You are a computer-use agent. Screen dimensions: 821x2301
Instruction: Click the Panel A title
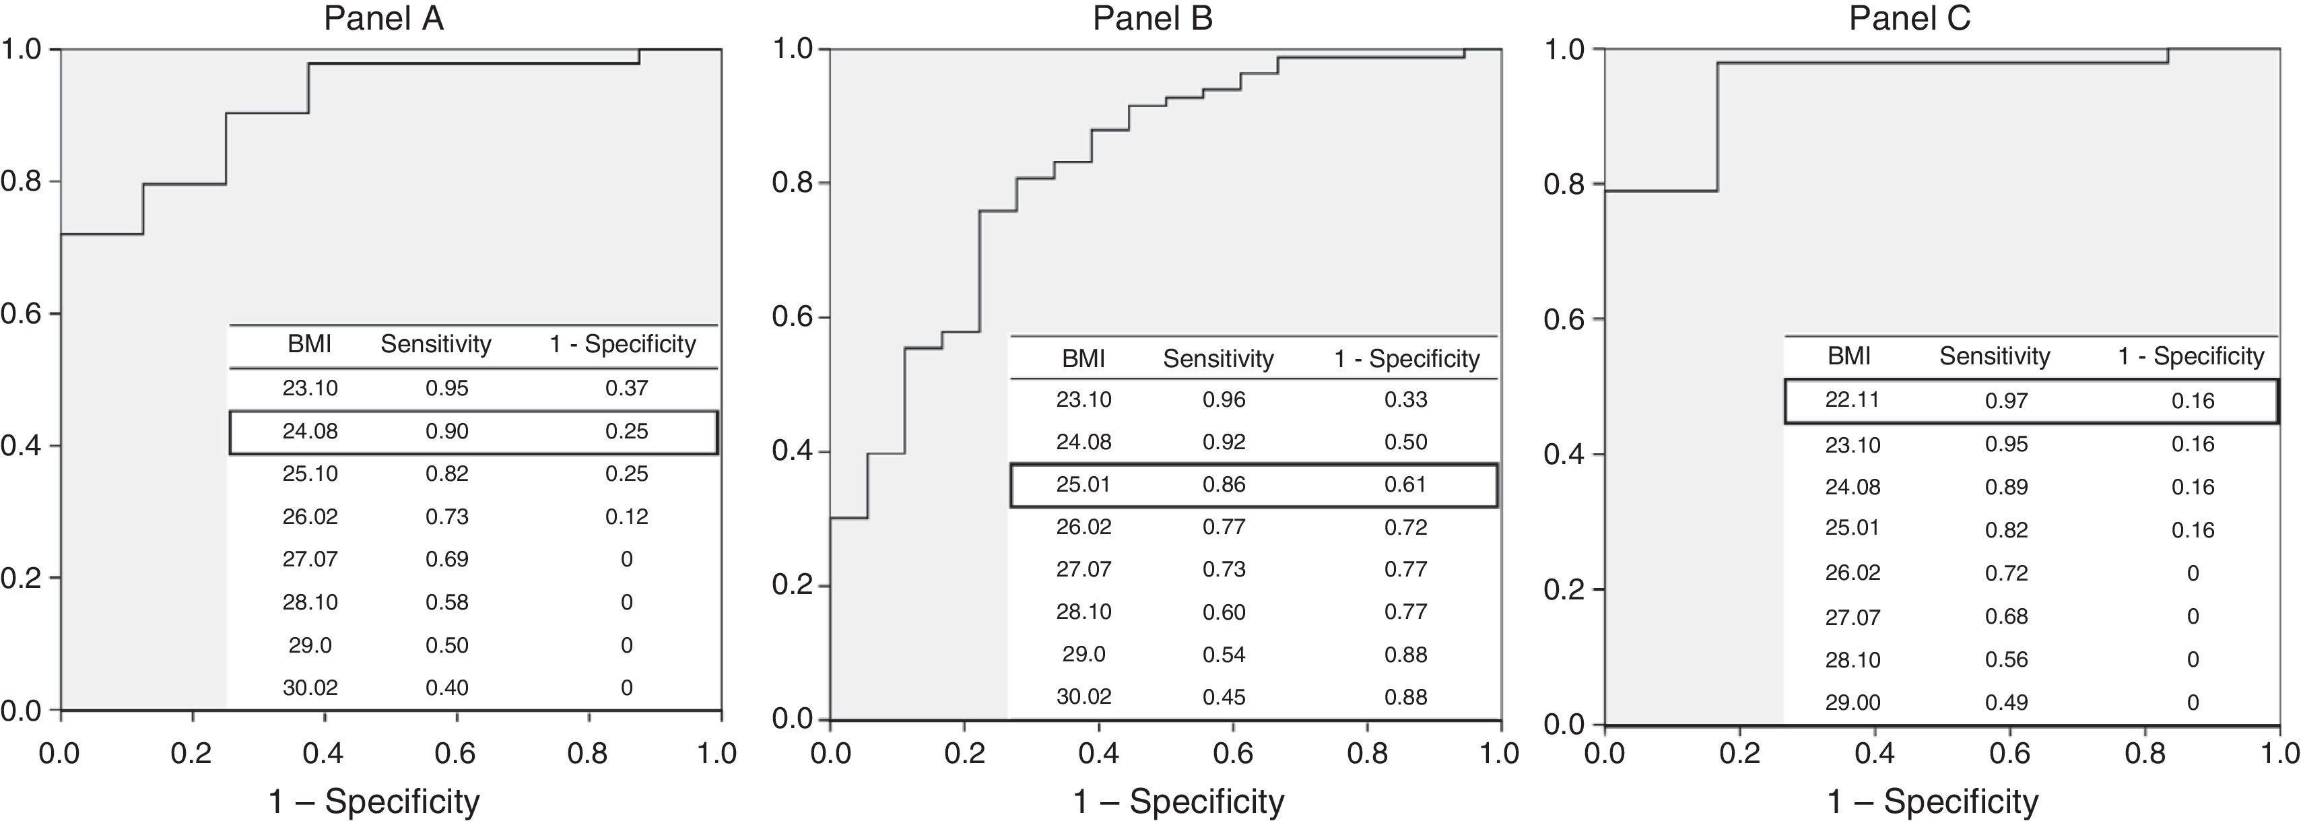point(383,19)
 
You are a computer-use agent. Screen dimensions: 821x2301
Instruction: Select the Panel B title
point(1152,19)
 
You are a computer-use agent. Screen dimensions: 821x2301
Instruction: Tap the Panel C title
point(1909,19)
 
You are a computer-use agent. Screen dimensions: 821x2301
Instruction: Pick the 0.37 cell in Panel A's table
point(626,388)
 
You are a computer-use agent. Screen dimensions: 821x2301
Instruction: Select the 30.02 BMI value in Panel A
point(310,688)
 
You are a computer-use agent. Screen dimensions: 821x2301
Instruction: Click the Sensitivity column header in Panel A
point(436,344)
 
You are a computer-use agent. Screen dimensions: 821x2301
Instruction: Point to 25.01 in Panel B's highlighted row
point(1083,485)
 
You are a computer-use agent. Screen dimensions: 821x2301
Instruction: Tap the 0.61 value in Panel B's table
point(1405,485)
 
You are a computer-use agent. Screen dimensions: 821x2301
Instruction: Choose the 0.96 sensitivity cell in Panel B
point(1223,399)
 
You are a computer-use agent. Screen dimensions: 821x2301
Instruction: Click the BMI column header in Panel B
point(1083,358)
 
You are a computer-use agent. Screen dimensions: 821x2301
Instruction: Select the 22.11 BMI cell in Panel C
point(1852,399)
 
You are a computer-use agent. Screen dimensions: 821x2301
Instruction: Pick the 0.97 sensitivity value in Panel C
point(2006,400)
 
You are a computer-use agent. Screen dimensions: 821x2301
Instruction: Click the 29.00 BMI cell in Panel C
point(1852,703)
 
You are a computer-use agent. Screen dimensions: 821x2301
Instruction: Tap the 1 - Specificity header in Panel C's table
point(2191,356)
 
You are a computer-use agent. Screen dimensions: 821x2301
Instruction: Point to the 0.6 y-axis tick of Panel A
point(22,314)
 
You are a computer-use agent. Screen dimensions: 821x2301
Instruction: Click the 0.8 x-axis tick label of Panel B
point(1368,753)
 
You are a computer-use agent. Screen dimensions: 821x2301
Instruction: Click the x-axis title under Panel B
point(1178,801)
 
